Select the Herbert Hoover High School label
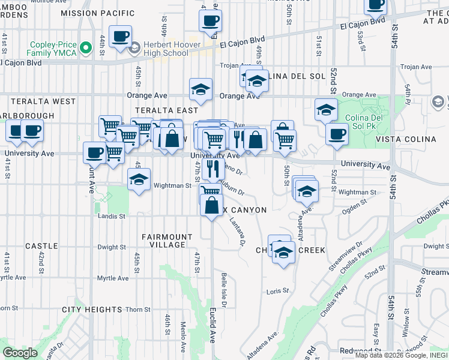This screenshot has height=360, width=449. pyautogui.click(x=158, y=49)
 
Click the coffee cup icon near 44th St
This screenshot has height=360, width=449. pyautogui.click(x=119, y=36)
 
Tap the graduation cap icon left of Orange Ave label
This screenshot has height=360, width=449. pyautogui.click(x=200, y=90)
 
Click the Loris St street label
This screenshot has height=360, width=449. pyautogui.click(x=277, y=291)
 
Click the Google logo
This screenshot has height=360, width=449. pyautogui.click(x=20, y=353)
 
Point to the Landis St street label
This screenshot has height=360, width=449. pyautogui.click(x=112, y=215)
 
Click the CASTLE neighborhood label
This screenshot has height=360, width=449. pyautogui.click(x=41, y=246)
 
